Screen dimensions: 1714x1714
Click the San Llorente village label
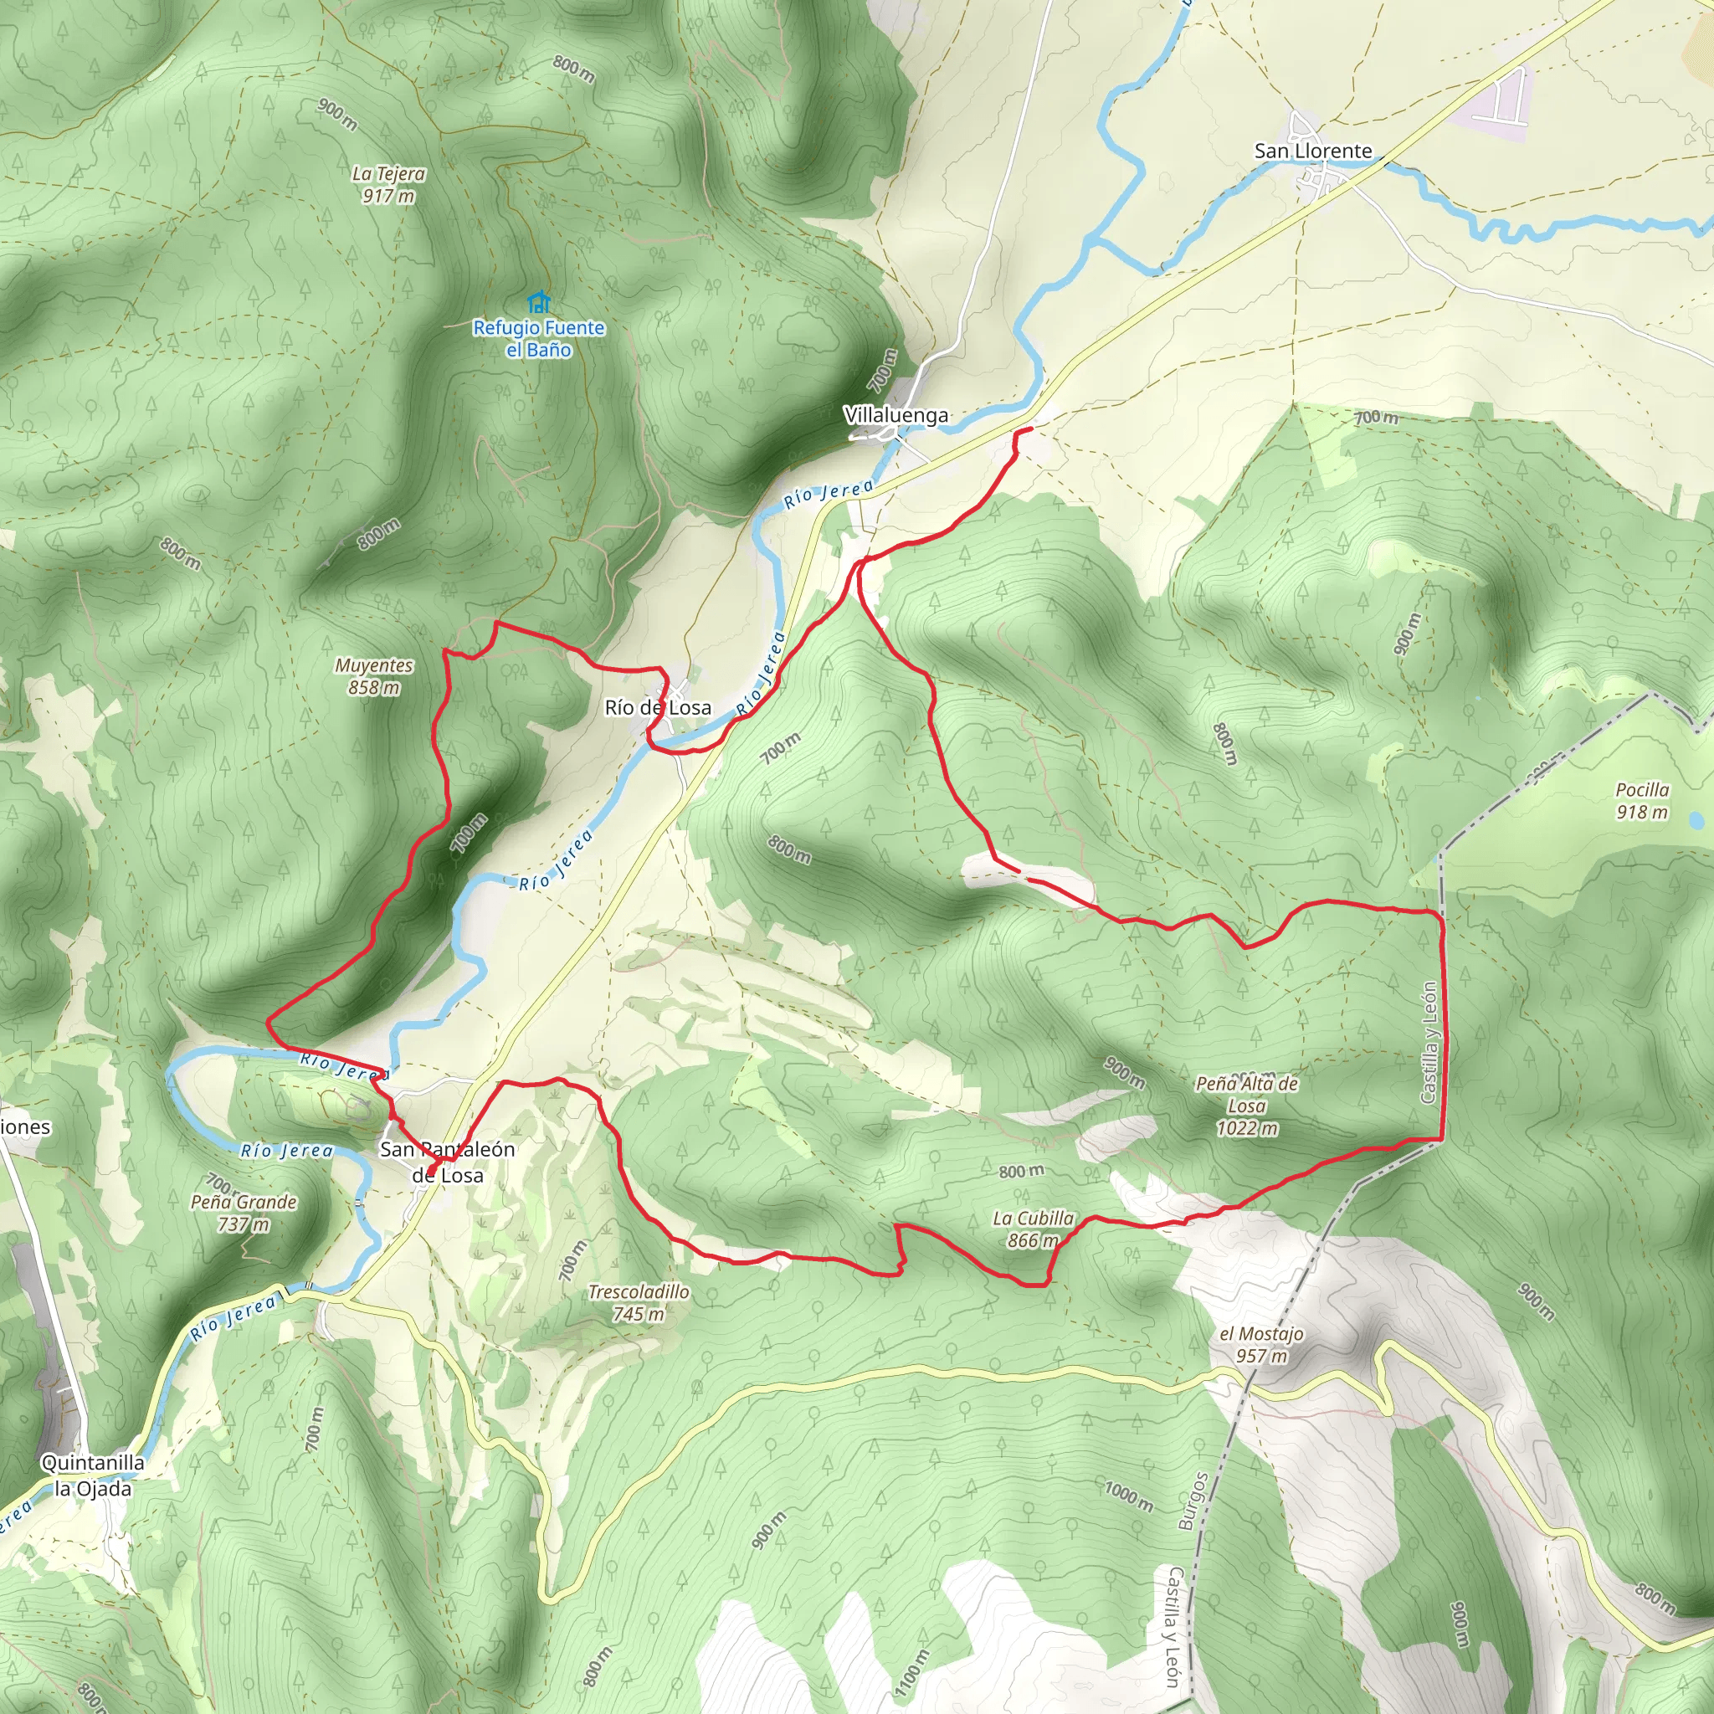1313,151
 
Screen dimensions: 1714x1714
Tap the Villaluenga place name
896,415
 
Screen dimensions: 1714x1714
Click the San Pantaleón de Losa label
447,1162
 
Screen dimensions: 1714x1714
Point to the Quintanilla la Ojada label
93,1475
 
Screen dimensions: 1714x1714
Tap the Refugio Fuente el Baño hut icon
537,302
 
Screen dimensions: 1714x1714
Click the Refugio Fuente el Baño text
538,339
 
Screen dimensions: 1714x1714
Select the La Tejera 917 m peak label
387,184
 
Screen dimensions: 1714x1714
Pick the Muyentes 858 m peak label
373,676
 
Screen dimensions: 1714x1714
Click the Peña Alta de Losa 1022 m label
1246,1106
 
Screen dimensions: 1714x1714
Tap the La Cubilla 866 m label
1033,1229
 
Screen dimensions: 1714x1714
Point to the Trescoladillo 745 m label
639,1302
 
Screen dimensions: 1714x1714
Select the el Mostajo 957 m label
1260,1345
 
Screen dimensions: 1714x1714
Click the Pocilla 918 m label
1642,800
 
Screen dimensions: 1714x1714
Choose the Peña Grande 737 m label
244,1213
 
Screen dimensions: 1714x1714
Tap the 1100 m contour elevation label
911,1673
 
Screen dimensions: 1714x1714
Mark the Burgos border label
1193,1501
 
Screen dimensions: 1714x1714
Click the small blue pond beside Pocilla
1696,821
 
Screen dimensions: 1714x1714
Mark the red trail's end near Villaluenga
1030,429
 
